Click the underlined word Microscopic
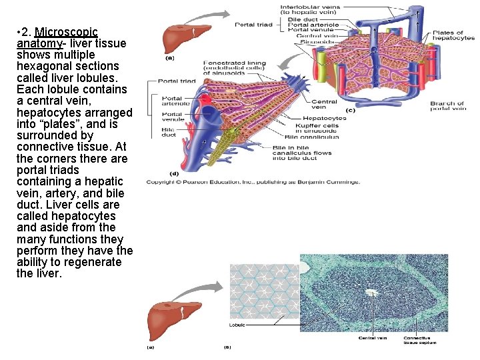coord(66,32)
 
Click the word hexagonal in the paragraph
coord(43,66)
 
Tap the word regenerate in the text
coord(91,262)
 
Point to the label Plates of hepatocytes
coord(453,35)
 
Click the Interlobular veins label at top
coord(310,10)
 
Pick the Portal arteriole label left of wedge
coord(176,101)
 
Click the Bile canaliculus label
coord(312,137)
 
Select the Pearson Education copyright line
coord(253,182)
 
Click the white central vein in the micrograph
coord(371,292)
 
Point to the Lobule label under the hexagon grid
coord(237,325)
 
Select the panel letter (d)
coord(174,175)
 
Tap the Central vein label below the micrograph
coord(373,338)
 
